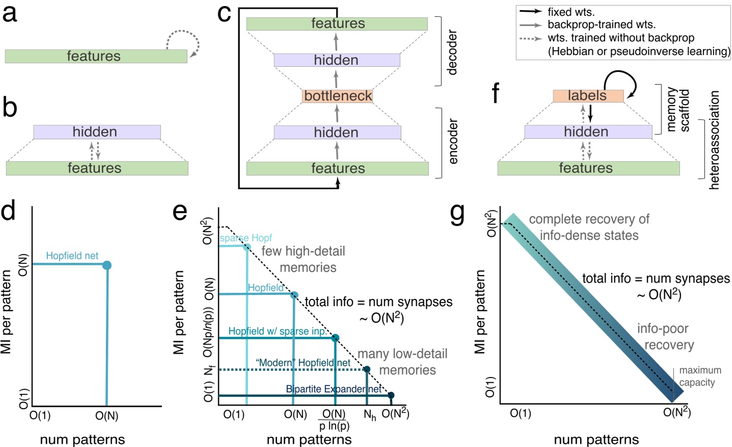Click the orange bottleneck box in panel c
coord(337,96)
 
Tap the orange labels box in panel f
coord(587,96)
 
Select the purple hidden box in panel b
coord(97,132)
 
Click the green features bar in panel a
coord(96,56)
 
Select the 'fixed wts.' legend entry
coord(571,12)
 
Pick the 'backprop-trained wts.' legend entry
coord(601,24)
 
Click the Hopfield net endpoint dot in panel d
coord(107,265)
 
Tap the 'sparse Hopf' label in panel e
coord(246,238)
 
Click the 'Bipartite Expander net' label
coord(333,389)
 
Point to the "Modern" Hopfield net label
coord(303,363)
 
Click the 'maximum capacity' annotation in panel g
coord(699,376)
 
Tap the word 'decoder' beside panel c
coord(452,53)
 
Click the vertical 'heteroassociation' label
coord(715,140)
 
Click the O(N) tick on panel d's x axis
coord(106,416)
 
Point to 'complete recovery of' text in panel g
coord(589,219)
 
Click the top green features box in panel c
coord(337,24)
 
